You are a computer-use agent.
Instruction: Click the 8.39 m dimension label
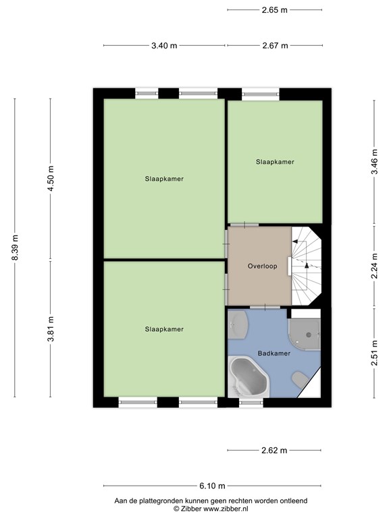[x=15, y=248]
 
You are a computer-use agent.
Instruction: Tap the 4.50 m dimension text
[x=51, y=178]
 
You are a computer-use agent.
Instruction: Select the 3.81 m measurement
[x=51, y=329]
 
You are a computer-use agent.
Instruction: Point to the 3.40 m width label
[x=164, y=46]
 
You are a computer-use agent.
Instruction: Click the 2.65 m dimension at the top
[x=275, y=10]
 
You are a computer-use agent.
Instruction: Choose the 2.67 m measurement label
[x=275, y=46]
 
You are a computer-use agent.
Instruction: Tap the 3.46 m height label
[x=374, y=162]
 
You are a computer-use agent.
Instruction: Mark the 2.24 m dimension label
[x=374, y=266]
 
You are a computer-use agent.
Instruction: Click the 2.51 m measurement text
[x=374, y=353]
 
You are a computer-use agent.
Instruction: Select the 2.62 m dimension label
[x=274, y=451]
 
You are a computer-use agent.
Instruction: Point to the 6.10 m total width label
[x=212, y=486]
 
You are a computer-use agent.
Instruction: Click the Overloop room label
[x=262, y=266]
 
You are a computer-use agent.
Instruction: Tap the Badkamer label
[x=274, y=353]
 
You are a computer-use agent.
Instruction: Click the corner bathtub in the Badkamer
[x=248, y=377]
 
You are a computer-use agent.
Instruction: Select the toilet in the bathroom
[x=300, y=379]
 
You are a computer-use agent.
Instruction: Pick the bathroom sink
[x=238, y=324]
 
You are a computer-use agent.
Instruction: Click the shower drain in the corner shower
[x=309, y=335]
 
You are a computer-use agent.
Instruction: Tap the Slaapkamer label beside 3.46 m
[x=275, y=162]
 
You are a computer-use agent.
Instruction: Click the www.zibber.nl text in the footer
[x=226, y=509]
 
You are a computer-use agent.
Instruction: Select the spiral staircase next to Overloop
[x=307, y=266]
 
